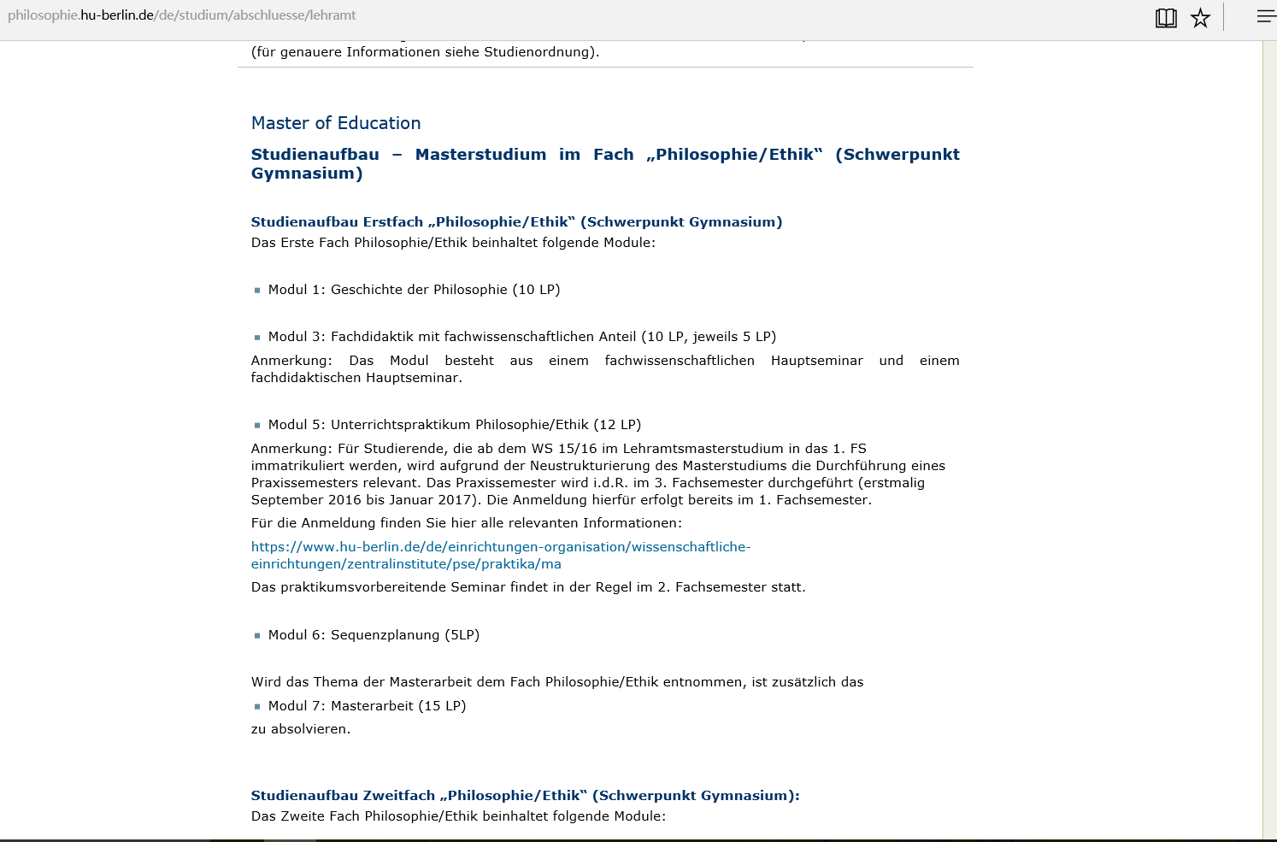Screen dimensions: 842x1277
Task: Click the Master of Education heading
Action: [336, 123]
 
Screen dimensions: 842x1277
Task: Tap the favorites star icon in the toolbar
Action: [1201, 18]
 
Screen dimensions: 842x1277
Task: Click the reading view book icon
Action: [1166, 18]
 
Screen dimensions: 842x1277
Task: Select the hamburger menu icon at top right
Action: [1265, 16]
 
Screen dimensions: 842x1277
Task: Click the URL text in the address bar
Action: [181, 15]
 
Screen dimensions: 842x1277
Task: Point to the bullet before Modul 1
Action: [257, 291]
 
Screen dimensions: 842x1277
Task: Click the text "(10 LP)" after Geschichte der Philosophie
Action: [536, 290]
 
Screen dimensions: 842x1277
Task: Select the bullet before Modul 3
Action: [257, 338]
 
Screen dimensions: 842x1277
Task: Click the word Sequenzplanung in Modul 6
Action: [385, 635]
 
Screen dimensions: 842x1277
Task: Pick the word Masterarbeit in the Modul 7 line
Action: [372, 706]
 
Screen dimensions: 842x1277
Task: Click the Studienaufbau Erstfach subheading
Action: [516, 222]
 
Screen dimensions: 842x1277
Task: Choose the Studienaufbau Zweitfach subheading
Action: [525, 796]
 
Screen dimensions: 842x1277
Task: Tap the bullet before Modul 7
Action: [257, 707]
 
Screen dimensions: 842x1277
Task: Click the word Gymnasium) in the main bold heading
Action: [307, 174]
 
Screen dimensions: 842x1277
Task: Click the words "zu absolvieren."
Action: [301, 729]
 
